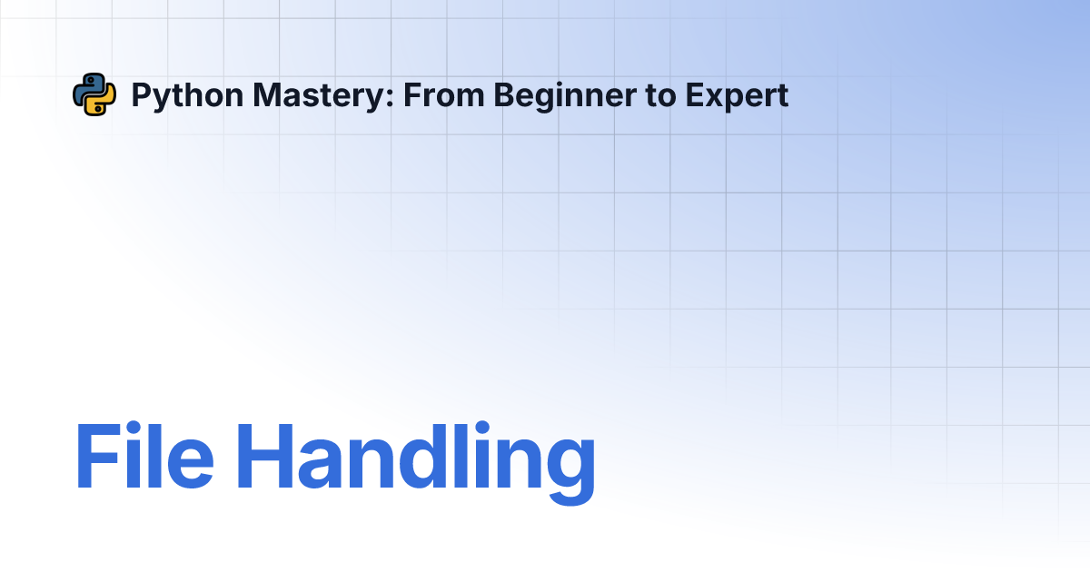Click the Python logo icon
[94, 94]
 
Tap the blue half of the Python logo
[87, 86]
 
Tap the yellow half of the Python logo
[101, 103]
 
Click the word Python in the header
[187, 96]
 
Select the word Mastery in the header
[319, 96]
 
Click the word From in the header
[444, 94]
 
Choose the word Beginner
[565, 96]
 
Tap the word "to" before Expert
[661, 96]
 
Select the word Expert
[737, 96]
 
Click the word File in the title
[144, 455]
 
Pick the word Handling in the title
[416, 462]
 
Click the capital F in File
[98, 456]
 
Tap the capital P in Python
[142, 94]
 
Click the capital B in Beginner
[505, 94]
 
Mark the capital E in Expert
[695, 94]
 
